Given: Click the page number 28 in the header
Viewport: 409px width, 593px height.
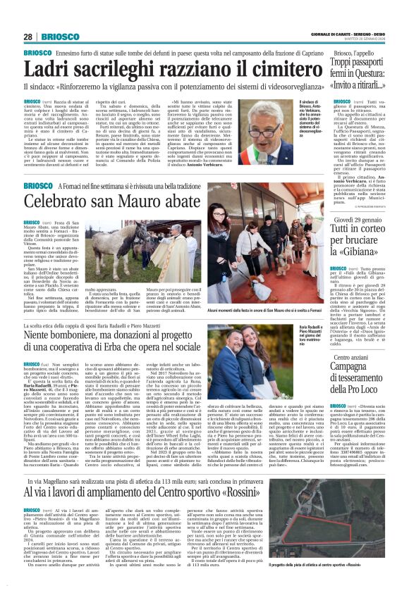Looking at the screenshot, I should coord(28,37).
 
